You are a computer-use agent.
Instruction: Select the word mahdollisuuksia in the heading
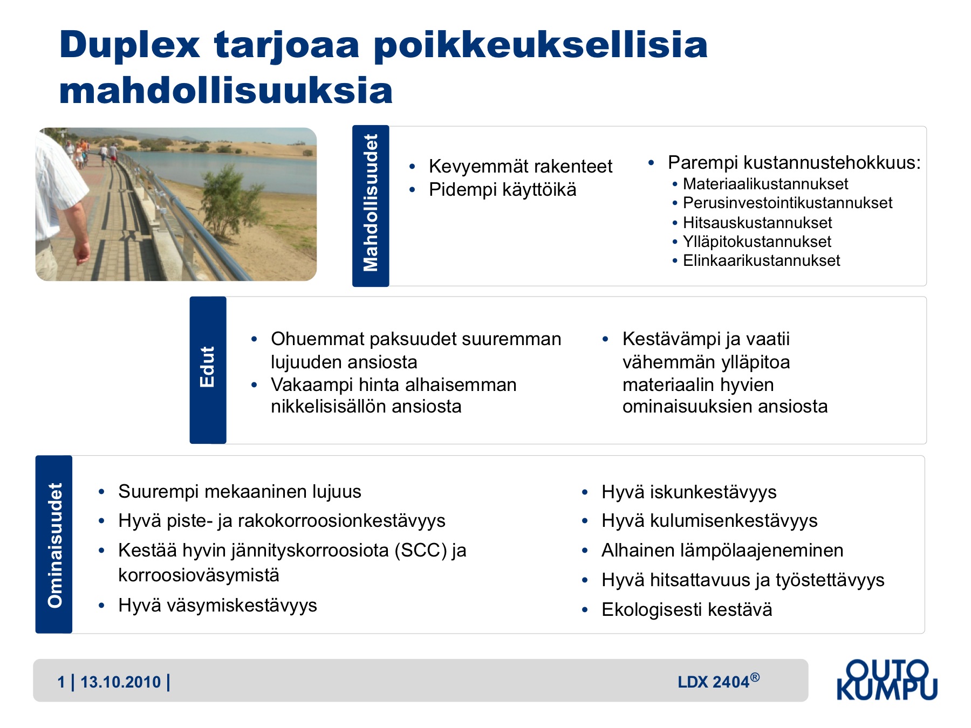(x=226, y=90)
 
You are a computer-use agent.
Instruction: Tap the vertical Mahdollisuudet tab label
(x=371, y=203)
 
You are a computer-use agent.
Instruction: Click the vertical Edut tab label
(x=208, y=367)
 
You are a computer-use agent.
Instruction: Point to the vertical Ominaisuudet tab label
(x=54, y=545)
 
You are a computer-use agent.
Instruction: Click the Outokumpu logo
(x=887, y=680)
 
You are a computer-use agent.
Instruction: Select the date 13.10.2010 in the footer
(x=120, y=682)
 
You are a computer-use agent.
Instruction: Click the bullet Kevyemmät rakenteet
(x=521, y=166)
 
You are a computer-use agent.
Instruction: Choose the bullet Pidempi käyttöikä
(x=502, y=190)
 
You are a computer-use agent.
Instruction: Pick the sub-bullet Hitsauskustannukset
(x=757, y=223)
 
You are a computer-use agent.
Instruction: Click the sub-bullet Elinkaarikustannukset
(x=761, y=260)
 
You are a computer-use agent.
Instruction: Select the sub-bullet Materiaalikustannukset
(x=765, y=184)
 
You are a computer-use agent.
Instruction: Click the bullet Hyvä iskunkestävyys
(x=689, y=492)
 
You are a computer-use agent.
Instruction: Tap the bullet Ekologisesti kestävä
(x=687, y=609)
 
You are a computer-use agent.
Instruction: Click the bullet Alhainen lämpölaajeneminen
(x=722, y=551)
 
